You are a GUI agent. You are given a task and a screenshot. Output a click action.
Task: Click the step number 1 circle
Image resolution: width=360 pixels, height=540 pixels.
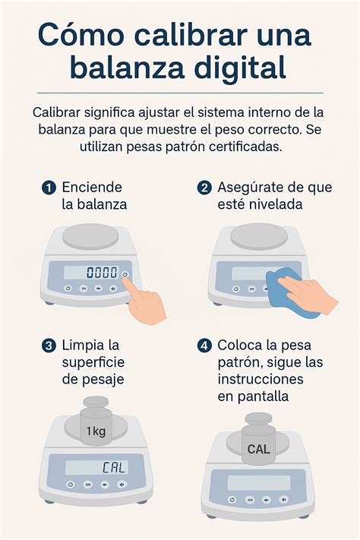pyautogui.click(x=49, y=188)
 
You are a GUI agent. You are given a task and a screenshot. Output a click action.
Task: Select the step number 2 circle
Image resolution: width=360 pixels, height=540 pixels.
pyautogui.click(x=204, y=188)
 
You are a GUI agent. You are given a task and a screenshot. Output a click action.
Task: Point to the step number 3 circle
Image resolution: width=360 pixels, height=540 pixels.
pyautogui.click(x=49, y=346)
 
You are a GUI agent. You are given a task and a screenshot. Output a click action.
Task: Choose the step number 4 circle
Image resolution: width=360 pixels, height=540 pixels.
pyautogui.click(x=204, y=346)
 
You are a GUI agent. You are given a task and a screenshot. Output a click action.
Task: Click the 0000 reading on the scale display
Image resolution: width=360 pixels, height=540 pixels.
pyautogui.click(x=102, y=273)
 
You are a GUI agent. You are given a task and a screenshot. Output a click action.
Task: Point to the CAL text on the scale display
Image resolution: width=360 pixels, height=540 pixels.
pyautogui.click(x=114, y=467)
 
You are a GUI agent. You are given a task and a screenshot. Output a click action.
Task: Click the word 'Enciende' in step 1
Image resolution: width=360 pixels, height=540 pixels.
pyautogui.click(x=92, y=187)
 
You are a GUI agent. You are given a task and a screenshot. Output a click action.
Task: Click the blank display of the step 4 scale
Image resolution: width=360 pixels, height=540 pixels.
pyautogui.click(x=258, y=482)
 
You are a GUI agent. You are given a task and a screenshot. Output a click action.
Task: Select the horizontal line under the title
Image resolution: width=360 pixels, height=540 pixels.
pyautogui.click(x=180, y=93)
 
